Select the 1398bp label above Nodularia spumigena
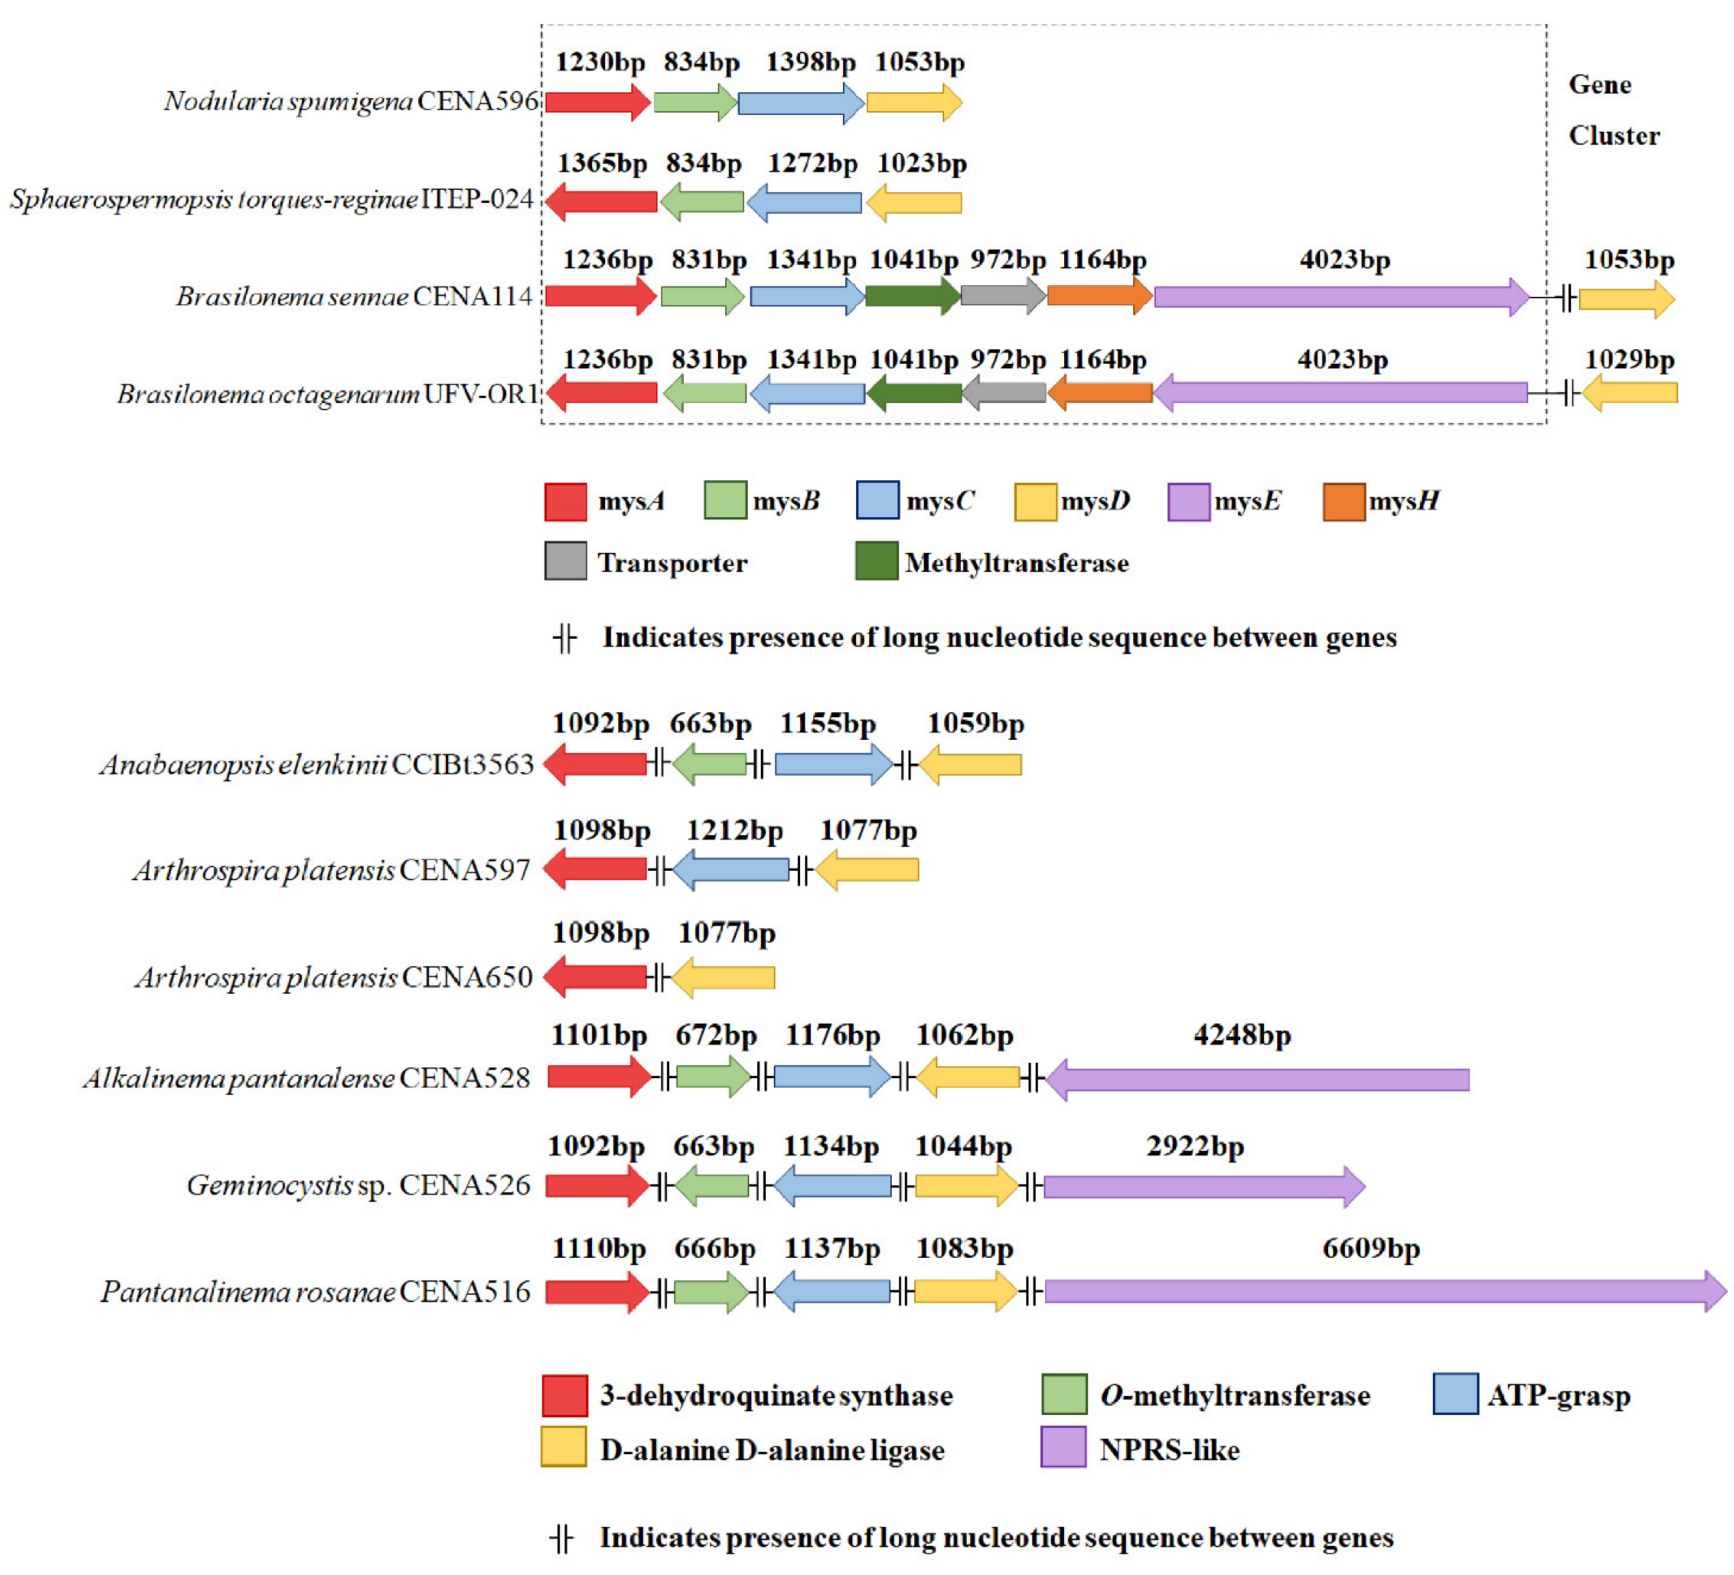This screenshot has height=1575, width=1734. point(810,63)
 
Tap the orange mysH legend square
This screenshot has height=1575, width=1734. point(1343,501)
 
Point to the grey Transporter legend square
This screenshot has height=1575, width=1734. point(565,561)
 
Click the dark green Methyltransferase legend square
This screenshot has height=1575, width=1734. point(876,561)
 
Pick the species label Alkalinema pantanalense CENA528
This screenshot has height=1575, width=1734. point(306,1079)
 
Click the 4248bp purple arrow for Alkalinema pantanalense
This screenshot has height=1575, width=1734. point(1258,1079)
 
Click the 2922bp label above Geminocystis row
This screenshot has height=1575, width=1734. point(1195,1147)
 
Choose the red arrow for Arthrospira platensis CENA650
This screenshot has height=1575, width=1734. point(595,977)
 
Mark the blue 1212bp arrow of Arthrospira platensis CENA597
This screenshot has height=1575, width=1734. point(731,869)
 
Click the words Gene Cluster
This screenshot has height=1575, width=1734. point(1613,110)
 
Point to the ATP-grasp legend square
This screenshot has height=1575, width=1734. point(1455,1394)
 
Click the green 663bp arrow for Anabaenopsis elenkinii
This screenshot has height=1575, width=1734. point(710,764)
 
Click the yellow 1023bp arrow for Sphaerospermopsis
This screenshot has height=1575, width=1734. point(914,203)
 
